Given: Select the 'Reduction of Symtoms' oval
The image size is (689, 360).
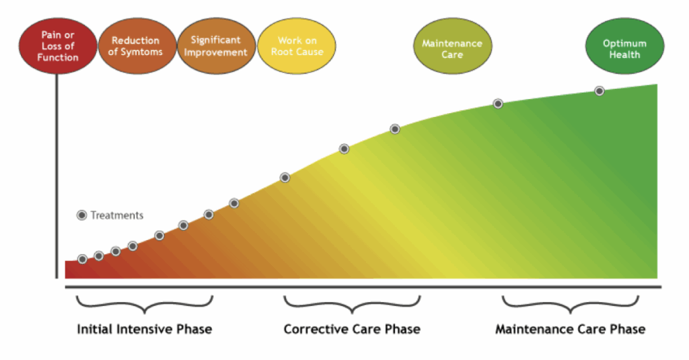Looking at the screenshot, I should coord(137,46).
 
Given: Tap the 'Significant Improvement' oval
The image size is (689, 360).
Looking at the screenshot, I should coord(215,46).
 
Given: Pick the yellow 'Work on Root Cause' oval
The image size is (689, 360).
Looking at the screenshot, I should coord(296,46).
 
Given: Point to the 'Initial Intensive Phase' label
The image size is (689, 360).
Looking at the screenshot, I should coord(145,329).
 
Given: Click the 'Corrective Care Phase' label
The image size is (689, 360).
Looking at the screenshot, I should coord(352,329).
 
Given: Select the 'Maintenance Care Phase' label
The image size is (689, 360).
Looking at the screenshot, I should coord(570,329).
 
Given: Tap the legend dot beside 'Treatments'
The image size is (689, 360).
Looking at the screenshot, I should coord(82,215).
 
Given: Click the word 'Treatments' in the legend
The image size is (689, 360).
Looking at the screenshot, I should coord(117,215).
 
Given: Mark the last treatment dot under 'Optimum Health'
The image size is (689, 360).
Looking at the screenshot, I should coord(599,91).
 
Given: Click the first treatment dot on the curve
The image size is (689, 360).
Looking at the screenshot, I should coord(82,259).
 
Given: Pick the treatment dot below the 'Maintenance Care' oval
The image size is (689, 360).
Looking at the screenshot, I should coord(498,104).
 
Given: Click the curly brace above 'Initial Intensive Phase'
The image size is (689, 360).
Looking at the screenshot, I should coord(145,305).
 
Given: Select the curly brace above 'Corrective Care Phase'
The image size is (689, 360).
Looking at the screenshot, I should coord(352,305).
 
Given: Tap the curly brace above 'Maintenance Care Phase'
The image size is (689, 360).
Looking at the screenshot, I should coord(571,305).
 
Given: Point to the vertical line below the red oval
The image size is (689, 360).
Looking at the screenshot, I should coord(57,175).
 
